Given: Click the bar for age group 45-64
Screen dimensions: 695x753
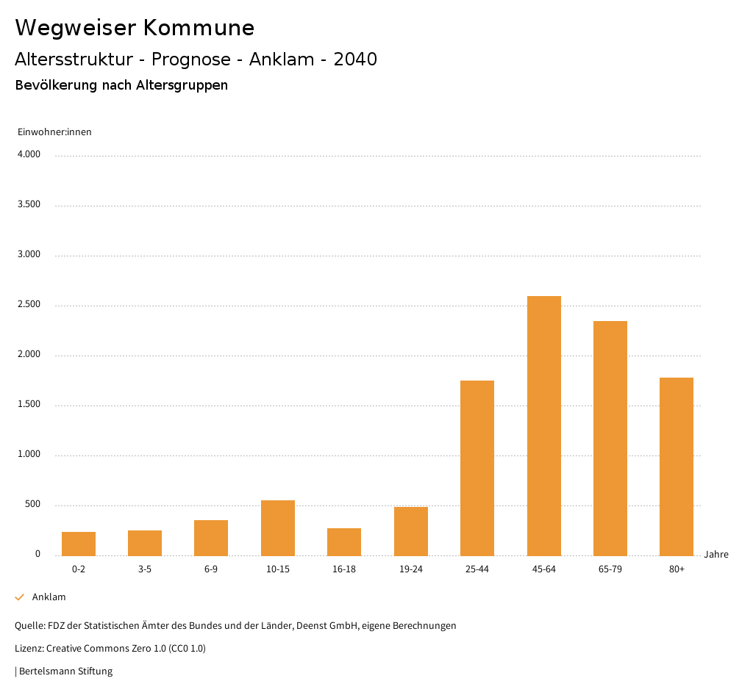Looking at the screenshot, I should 543,425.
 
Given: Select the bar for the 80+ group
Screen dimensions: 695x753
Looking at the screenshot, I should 677,467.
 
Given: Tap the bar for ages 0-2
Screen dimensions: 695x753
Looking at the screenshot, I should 79,544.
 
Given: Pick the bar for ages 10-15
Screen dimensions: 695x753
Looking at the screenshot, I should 278,527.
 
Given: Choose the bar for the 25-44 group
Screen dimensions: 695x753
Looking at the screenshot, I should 477,468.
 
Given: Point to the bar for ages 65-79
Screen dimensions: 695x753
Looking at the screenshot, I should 610,438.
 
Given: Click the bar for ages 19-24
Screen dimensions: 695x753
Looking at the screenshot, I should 411,531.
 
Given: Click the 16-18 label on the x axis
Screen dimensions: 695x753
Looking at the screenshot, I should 344,569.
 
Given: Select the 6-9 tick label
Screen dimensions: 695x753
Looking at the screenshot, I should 211,569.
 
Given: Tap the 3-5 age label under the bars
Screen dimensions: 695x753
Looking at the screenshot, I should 145,569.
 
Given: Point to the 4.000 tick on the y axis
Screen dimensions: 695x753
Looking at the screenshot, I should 29,154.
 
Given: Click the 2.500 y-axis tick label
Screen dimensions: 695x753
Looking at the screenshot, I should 29,304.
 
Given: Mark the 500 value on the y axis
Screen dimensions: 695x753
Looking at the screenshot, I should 32,504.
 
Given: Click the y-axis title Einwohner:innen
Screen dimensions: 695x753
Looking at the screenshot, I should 54,132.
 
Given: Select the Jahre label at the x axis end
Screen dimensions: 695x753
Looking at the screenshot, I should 715,555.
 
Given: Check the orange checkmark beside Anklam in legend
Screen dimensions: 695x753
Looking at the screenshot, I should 20,597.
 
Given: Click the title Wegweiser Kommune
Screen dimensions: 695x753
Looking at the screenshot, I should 135,28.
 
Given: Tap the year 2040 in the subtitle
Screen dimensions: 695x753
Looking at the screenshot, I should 355,60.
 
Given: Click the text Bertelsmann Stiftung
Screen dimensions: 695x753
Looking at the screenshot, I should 65,671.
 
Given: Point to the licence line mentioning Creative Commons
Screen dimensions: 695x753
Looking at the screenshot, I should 110,648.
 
